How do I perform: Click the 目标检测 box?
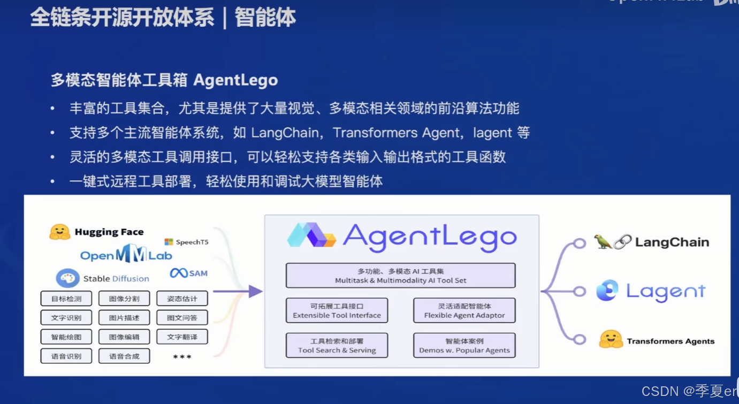[66, 299]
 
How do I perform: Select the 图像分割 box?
[124, 299]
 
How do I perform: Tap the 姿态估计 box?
[182, 299]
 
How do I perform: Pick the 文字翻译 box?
[182, 337]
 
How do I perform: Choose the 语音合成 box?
[124, 356]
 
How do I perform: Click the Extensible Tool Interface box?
[337, 311]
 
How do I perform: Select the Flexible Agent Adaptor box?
[464, 311]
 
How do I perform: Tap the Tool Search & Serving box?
[337, 346]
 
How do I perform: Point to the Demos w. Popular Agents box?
[464, 346]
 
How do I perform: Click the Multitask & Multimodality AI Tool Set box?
[400, 276]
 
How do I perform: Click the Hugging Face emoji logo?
[60, 232]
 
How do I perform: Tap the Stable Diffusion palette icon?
[68, 278]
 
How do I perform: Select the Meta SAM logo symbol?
[179, 273]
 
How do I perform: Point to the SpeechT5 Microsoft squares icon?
[169, 242]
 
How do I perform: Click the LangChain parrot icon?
[603, 242]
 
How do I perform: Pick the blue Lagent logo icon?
[607, 291]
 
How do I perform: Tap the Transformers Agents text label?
[671, 341]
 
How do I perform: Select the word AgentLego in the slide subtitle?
[235, 80]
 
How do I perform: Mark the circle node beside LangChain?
[580, 243]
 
